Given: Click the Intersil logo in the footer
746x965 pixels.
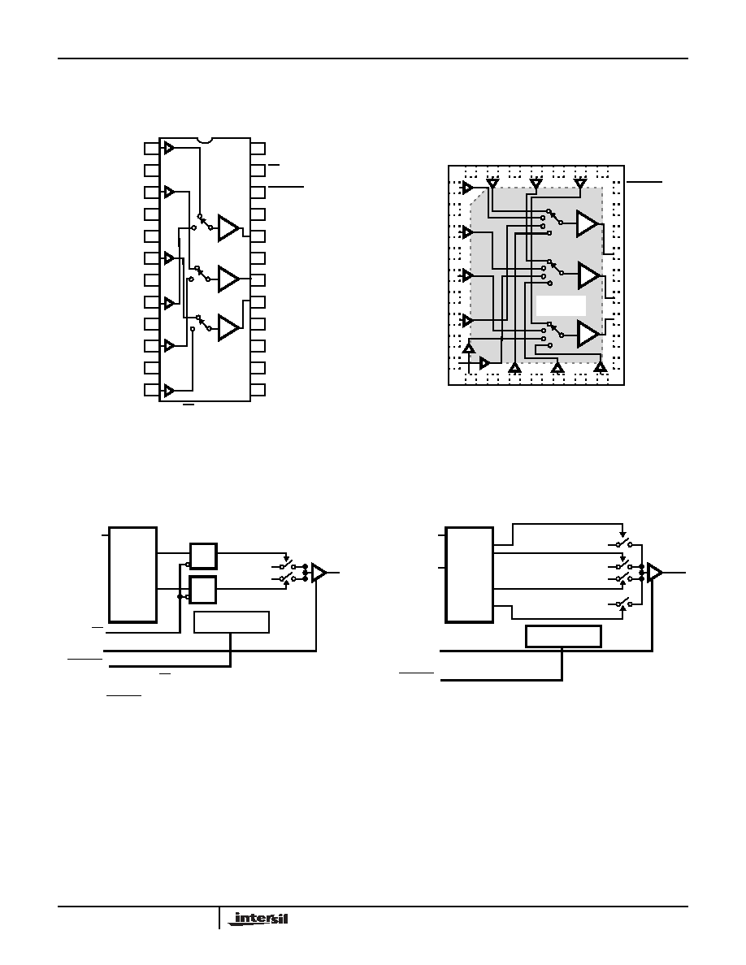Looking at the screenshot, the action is pos(261,919).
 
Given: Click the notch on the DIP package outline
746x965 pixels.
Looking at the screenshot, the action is pos(204,141).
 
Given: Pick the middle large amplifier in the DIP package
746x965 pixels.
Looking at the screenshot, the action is pos(228,279).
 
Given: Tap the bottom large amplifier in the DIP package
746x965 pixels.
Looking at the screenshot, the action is pos(228,327).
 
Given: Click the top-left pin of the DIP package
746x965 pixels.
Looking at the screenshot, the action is pos(151,149).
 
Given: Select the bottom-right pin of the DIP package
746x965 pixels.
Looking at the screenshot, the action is pos(258,390).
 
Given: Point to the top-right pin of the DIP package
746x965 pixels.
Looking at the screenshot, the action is pos(258,149).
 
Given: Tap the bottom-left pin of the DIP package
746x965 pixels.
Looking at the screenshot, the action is pos(151,390).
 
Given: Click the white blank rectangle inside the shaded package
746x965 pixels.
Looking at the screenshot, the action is pos(561,306).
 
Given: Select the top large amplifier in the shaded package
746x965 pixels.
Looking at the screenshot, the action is pos(588,223).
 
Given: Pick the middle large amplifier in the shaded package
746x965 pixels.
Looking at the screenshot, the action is pos(588,275).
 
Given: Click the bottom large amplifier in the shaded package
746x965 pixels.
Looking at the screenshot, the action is pos(588,334).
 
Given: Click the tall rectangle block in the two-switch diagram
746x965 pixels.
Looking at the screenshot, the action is pos(133,574).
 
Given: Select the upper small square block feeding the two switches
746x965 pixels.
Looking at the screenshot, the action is pos(203,556).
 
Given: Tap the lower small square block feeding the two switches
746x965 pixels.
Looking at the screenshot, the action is pos(203,590).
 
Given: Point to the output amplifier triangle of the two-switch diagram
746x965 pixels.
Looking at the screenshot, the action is pos(319,573).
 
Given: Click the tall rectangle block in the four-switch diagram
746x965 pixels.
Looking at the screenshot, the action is pos(469,574).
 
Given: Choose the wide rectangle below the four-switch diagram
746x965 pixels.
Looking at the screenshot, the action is pos(563,636).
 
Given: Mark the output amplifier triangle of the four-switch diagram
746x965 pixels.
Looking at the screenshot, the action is pos(655,573).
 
